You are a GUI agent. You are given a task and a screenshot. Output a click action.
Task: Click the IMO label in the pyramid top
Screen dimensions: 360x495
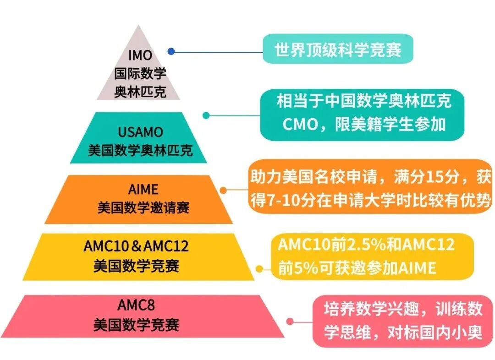click(x=140, y=56)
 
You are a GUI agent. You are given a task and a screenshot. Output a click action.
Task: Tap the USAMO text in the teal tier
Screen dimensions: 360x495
click(x=140, y=132)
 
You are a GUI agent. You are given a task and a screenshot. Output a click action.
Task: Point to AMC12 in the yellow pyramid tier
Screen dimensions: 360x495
click(x=166, y=246)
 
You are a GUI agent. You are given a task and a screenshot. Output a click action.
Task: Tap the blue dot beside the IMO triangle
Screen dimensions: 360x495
click(x=171, y=52)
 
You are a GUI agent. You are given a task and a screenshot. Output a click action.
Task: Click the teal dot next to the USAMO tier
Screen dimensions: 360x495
click(x=206, y=115)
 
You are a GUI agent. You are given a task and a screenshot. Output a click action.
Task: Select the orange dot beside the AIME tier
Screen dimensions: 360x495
click(x=224, y=189)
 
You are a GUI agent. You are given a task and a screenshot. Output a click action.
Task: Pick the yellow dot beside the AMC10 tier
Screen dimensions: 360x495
click(x=260, y=269)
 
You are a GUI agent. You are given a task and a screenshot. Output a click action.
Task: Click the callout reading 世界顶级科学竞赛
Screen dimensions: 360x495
click(x=338, y=49)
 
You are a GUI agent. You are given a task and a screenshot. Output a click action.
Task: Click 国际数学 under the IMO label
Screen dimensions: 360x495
click(x=140, y=74)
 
